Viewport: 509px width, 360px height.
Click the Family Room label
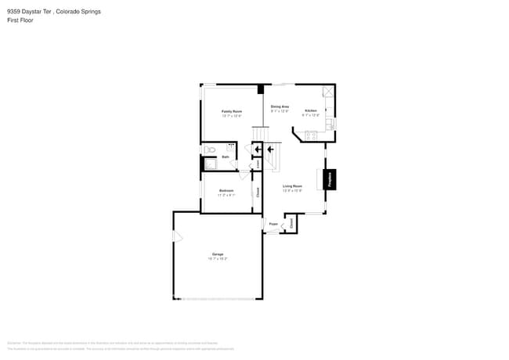(231, 111)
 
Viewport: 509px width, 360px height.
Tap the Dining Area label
(280, 106)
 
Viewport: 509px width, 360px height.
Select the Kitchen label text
(310, 111)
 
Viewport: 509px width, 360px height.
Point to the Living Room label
(293, 185)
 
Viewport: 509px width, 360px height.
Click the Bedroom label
(227, 191)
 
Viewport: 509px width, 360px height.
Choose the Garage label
(218, 254)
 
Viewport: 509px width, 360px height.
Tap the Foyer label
(273, 225)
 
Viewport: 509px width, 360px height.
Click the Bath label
(226, 157)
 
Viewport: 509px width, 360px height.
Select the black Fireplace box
(330, 179)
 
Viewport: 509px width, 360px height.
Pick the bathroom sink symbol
(231, 146)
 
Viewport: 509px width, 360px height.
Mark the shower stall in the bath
(209, 164)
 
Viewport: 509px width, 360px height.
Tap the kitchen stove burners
(310, 135)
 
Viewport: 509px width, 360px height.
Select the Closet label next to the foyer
(291, 223)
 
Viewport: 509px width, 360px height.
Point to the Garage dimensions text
(218, 258)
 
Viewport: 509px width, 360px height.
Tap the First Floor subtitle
(20, 20)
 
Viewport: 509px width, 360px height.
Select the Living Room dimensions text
(293, 190)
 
